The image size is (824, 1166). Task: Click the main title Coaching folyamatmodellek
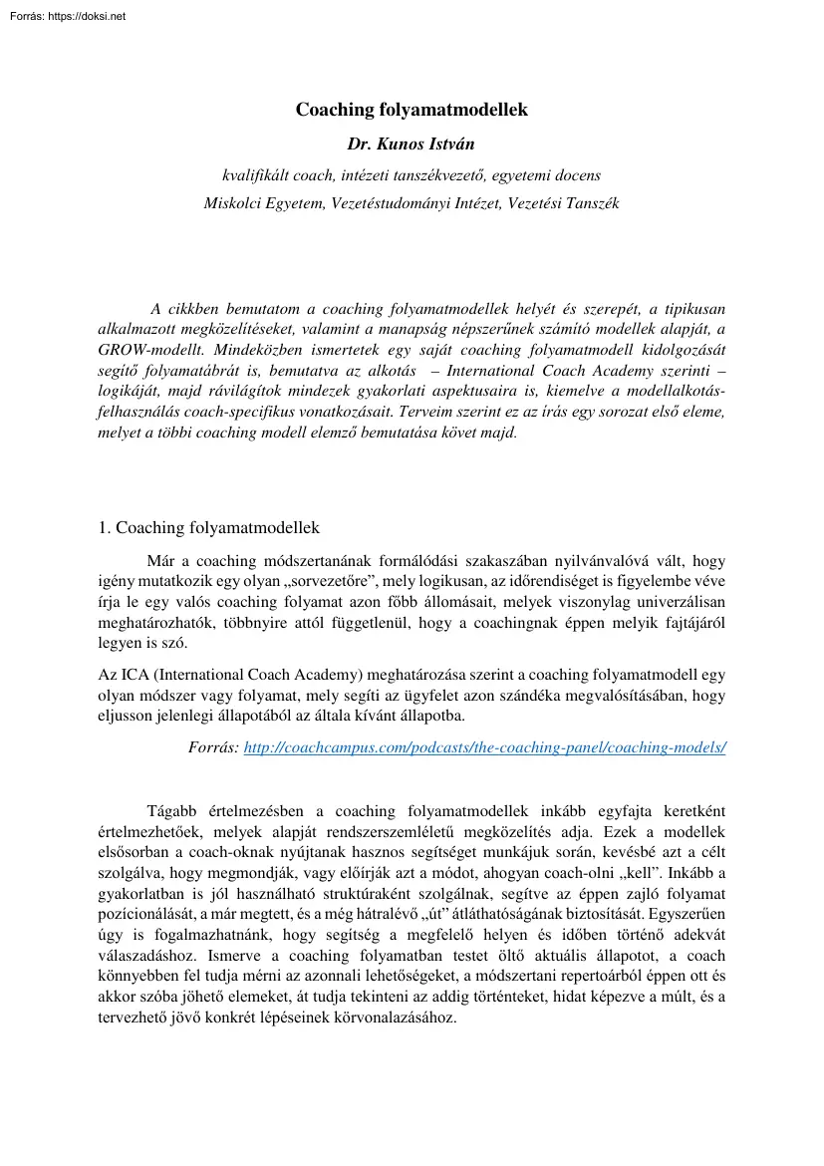click(x=412, y=110)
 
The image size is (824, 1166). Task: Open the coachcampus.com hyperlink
click(x=485, y=746)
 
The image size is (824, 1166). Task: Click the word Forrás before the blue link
click(x=212, y=746)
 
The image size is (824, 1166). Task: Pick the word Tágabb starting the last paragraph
click(x=172, y=811)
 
